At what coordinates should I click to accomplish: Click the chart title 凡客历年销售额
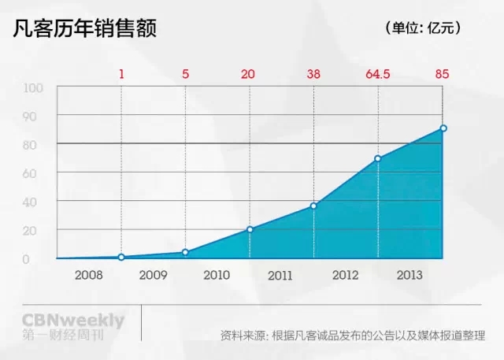coord(85,28)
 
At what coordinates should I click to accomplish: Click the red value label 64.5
coord(378,75)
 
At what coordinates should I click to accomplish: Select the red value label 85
coord(442,75)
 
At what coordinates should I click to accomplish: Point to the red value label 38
coord(313,75)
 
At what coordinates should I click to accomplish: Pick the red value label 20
coord(248,75)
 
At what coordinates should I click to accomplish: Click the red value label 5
coord(185,75)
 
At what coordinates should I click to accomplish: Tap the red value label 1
coord(121,75)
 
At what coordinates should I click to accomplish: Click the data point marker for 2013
coord(443,128)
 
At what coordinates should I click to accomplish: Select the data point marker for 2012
coord(378,158)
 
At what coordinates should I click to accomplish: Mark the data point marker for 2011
coord(313,206)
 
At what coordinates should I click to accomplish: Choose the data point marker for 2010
coord(250,229)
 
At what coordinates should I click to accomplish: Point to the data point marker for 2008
coord(121,257)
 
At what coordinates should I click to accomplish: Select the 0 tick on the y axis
coord(26,259)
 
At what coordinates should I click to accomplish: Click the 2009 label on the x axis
coord(153,276)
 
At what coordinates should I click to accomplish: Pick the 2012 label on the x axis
coord(346,276)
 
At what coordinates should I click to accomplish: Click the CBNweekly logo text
coord(73,321)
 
